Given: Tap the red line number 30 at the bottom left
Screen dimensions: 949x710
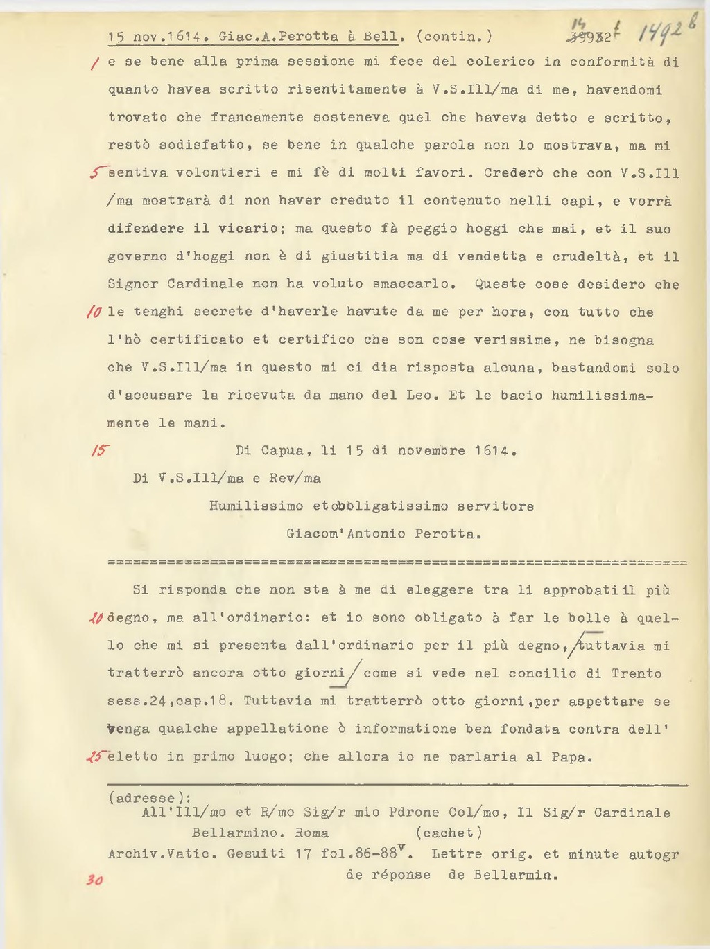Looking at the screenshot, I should point(94,880).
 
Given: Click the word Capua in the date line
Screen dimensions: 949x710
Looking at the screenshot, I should point(282,451).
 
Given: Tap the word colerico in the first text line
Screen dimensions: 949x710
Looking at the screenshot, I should point(501,62).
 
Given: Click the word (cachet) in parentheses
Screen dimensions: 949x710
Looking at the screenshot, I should point(449,833).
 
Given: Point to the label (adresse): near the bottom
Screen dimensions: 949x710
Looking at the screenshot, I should point(150,798).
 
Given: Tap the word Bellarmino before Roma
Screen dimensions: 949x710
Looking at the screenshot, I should point(235,833).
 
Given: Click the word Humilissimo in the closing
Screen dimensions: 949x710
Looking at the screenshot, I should point(257,506).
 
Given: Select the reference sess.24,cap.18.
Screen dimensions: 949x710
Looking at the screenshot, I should point(168,701).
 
